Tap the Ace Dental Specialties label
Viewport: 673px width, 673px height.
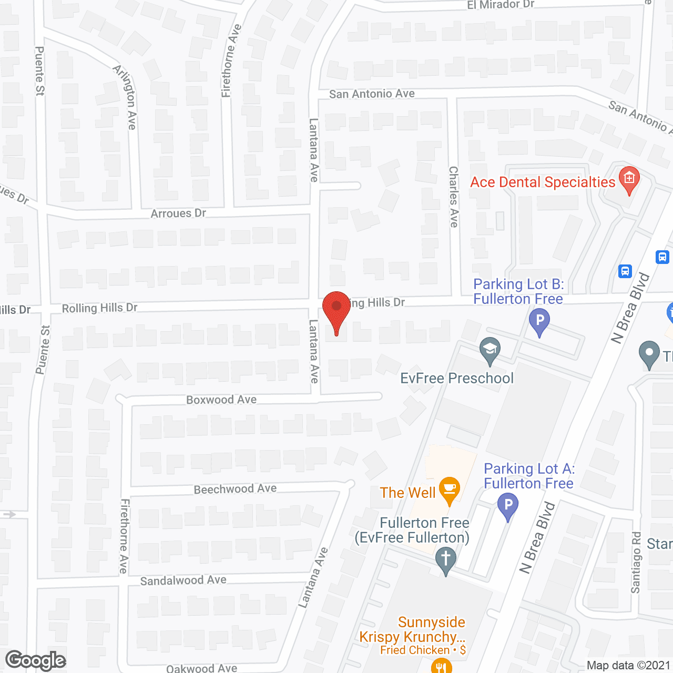[x=543, y=182]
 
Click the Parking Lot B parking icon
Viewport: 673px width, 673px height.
[x=539, y=321]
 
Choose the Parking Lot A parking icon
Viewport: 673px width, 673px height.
[x=507, y=506]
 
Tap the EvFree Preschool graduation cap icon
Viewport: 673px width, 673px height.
[x=490, y=350]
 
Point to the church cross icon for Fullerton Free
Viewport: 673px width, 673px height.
[x=446, y=559]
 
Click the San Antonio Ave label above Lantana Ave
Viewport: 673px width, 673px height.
[x=372, y=94]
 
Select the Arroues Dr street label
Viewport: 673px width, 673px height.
[x=178, y=213]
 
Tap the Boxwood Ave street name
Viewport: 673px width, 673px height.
[x=221, y=400]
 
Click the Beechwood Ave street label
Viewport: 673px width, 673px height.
[x=235, y=489]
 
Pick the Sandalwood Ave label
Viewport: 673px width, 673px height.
[x=183, y=580]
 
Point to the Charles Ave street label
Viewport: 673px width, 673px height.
[x=454, y=197]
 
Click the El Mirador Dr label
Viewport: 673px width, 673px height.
[x=501, y=5]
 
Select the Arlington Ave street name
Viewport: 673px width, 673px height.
[x=126, y=98]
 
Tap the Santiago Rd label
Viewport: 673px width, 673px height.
[x=636, y=563]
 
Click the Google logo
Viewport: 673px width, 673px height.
[x=36, y=660]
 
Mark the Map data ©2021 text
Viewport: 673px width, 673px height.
[x=628, y=666]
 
